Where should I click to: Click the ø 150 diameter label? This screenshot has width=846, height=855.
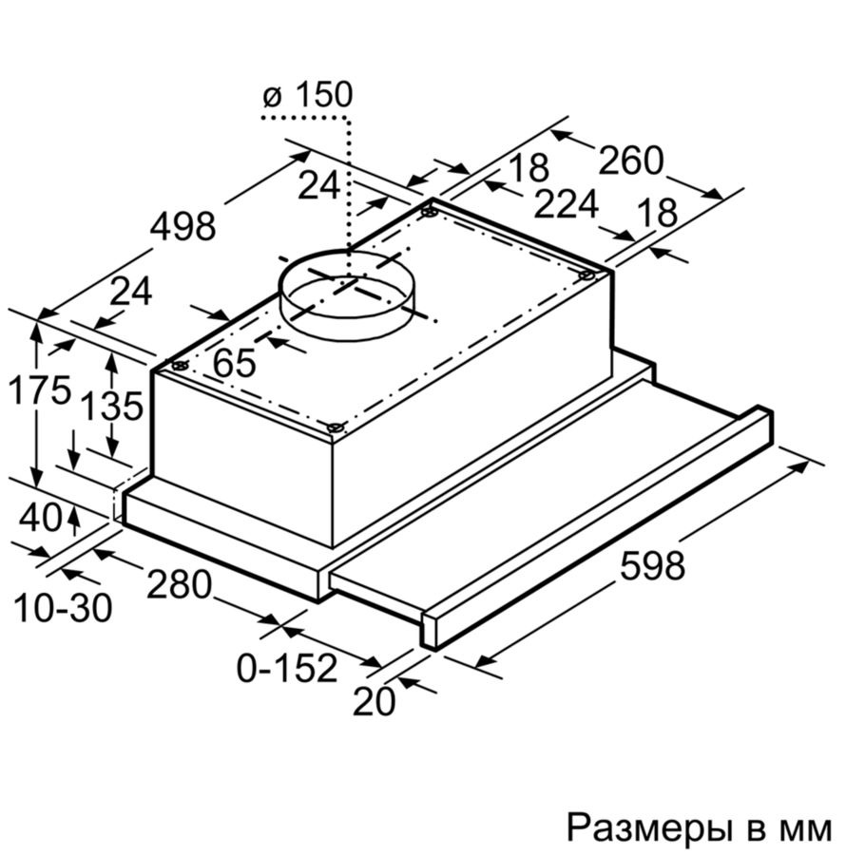[x=308, y=95]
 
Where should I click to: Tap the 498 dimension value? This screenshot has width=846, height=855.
[x=183, y=227]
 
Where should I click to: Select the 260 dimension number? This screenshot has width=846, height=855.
[x=631, y=161]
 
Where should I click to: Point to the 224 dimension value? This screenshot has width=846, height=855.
[x=567, y=204]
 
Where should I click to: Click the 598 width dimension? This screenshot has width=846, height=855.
[x=652, y=566]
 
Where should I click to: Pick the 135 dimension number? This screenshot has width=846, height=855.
[x=112, y=406]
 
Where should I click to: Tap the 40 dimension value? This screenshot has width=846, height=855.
[x=41, y=518]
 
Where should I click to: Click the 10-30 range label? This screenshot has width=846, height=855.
[x=63, y=608]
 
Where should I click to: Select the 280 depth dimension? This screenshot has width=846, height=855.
[x=179, y=585]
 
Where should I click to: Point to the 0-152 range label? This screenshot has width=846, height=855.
[x=287, y=668]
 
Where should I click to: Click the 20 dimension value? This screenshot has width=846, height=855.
[x=375, y=701]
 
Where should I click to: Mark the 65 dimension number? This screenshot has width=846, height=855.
[x=235, y=363]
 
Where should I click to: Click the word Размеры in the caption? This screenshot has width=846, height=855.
[x=648, y=828]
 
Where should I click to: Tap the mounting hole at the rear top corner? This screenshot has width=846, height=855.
[x=430, y=212]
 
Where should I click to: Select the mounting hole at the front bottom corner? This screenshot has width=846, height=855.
[x=335, y=428]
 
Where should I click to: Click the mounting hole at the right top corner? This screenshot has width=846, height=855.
[x=586, y=275]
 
